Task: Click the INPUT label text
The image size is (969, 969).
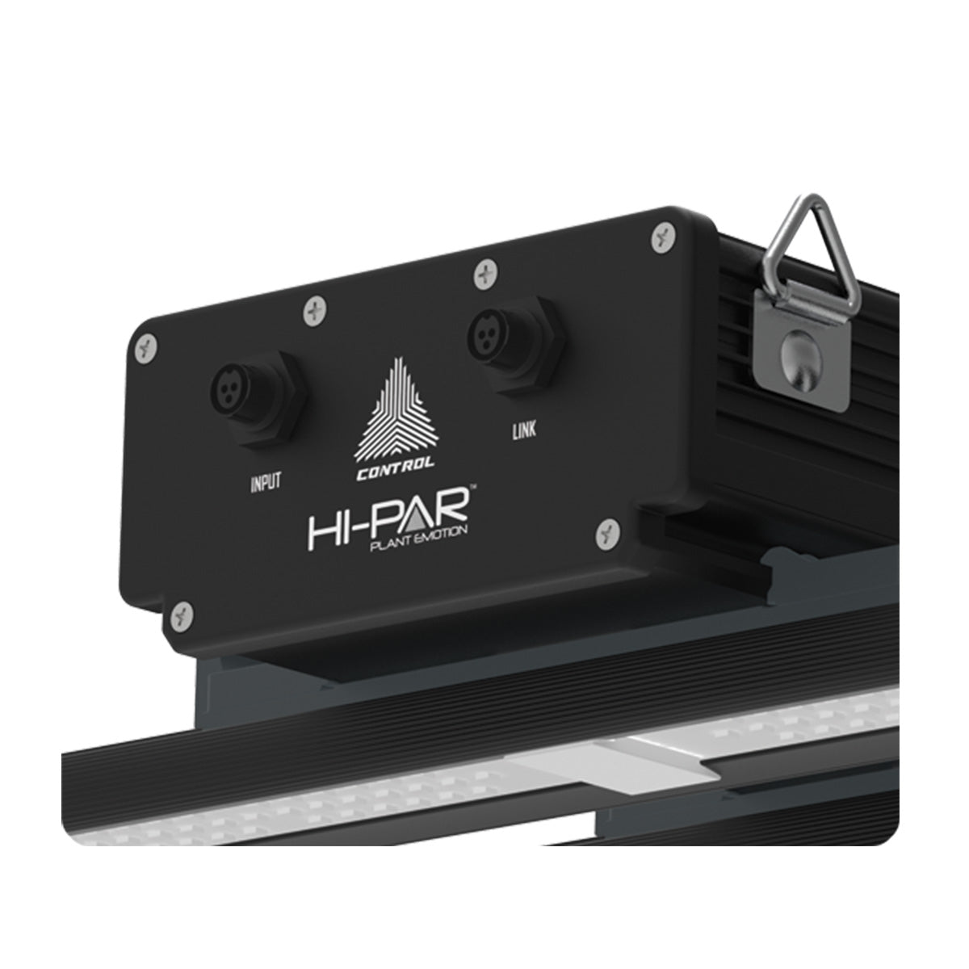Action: [x=266, y=482]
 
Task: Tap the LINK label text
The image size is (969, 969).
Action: [x=524, y=430]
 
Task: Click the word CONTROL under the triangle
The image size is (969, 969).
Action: [x=395, y=470]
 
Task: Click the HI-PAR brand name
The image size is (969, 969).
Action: [x=388, y=521]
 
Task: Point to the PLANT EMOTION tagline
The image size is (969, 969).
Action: [x=419, y=539]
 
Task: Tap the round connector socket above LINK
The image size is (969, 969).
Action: [x=486, y=331]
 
